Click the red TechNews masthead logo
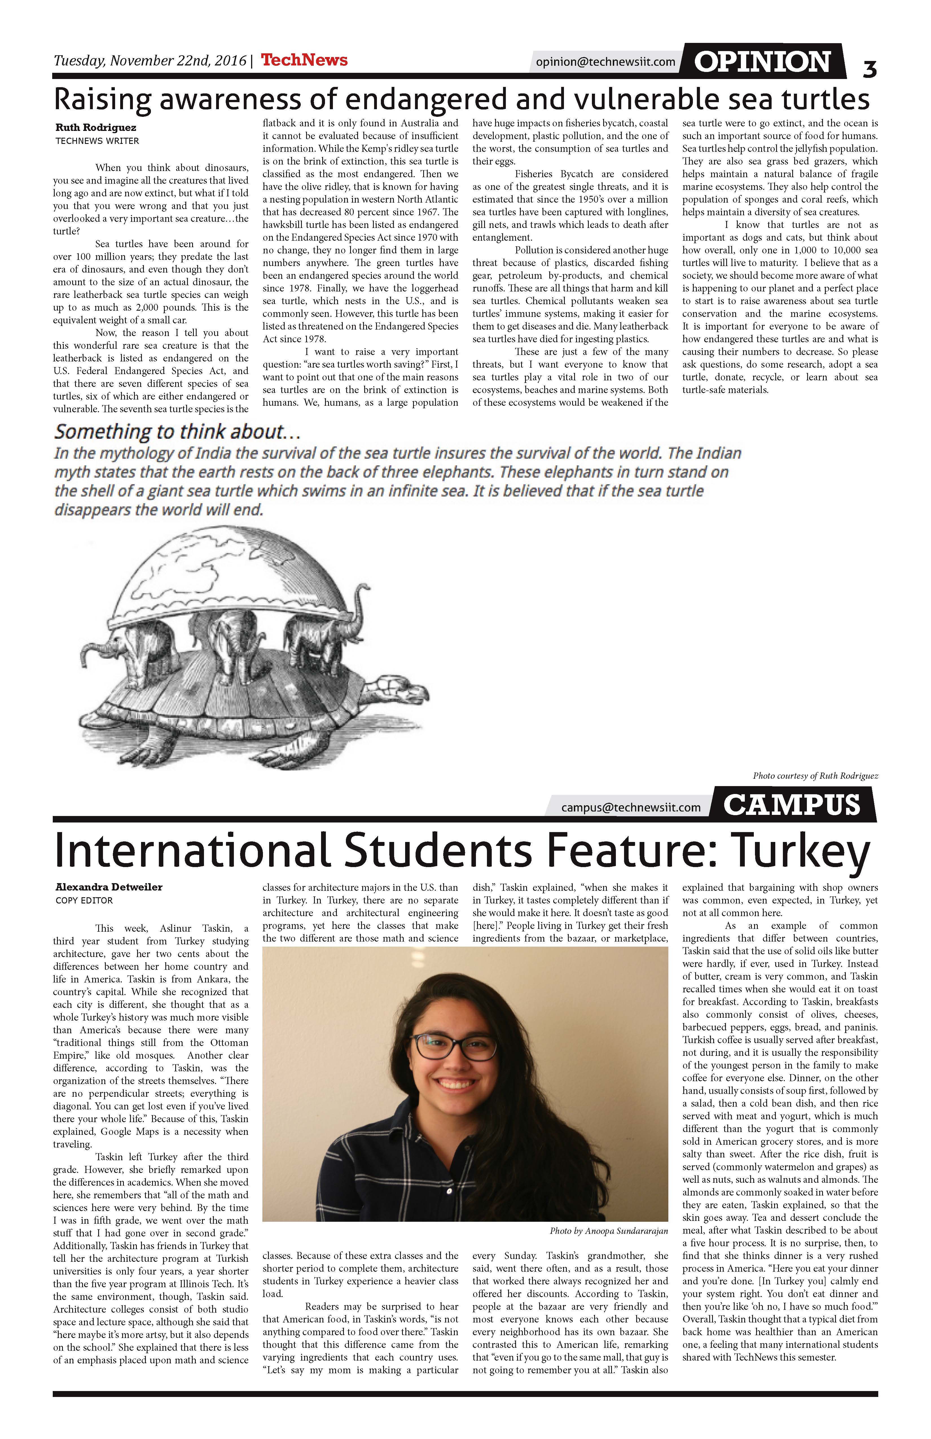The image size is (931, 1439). (x=304, y=60)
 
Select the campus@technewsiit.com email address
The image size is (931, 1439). (x=631, y=807)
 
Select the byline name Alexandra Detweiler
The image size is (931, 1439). (x=109, y=887)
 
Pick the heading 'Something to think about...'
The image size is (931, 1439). (x=177, y=432)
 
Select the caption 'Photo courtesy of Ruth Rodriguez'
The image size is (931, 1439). (x=815, y=776)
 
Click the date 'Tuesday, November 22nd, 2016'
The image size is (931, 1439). (x=150, y=60)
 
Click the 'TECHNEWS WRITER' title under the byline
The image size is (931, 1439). (x=97, y=141)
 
